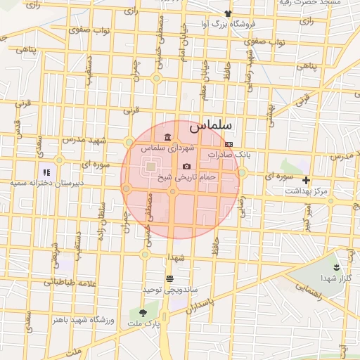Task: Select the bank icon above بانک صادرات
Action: [x=229, y=143]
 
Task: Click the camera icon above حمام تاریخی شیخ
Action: [x=186, y=167]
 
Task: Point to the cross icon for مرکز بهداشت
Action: [x=306, y=180]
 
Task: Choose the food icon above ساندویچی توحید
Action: [x=169, y=279]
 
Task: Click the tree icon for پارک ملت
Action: [x=143, y=312]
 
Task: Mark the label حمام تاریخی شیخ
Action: [x=187, y=177]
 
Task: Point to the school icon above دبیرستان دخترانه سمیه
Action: [x=46, y=172]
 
